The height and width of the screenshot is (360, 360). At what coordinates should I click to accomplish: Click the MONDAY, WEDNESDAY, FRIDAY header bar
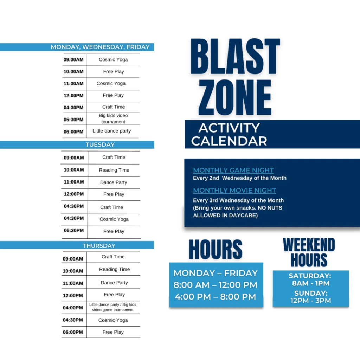(x=77, y=47)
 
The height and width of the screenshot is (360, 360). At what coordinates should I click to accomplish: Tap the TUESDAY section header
(x=77, y=144)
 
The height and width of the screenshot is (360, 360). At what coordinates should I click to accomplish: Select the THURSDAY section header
(x=77, y=245)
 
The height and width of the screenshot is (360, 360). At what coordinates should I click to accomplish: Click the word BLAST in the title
(x=235, y=57)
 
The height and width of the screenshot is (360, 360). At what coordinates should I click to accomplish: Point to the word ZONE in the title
(x=234, y=97)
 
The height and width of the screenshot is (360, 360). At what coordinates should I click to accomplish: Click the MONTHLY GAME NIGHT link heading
(x=233, y=170)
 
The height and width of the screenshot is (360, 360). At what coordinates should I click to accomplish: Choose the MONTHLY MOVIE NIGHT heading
(x=234, y=190)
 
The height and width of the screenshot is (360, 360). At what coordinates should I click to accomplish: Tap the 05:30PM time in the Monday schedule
(x=73, y=120)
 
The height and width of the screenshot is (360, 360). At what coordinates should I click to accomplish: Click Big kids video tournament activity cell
(x=113, y=118)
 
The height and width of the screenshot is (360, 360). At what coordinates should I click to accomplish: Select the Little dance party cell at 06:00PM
(x=111, y=131)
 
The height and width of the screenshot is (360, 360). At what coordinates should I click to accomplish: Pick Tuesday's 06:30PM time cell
(x=74, y=230)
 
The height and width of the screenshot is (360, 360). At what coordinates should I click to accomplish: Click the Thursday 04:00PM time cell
(x=73, y=308)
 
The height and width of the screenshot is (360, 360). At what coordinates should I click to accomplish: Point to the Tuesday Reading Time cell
(x=114, y=170)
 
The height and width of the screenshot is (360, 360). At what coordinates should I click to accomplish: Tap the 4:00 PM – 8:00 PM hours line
(x=216, y=297)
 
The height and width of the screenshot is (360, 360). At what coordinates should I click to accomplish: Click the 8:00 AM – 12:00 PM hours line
(x=216, y=285)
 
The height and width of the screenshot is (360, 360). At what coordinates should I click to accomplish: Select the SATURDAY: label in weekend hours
(x=310, y=276)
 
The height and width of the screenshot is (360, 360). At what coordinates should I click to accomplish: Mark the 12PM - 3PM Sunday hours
(x=311, y=301)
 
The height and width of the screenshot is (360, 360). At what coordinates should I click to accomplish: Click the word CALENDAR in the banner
(x=229, y=141)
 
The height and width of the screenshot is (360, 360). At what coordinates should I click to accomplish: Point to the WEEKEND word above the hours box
(x=309, y=245)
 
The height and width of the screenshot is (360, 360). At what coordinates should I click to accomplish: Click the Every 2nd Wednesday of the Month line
(x=240, y=178)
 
